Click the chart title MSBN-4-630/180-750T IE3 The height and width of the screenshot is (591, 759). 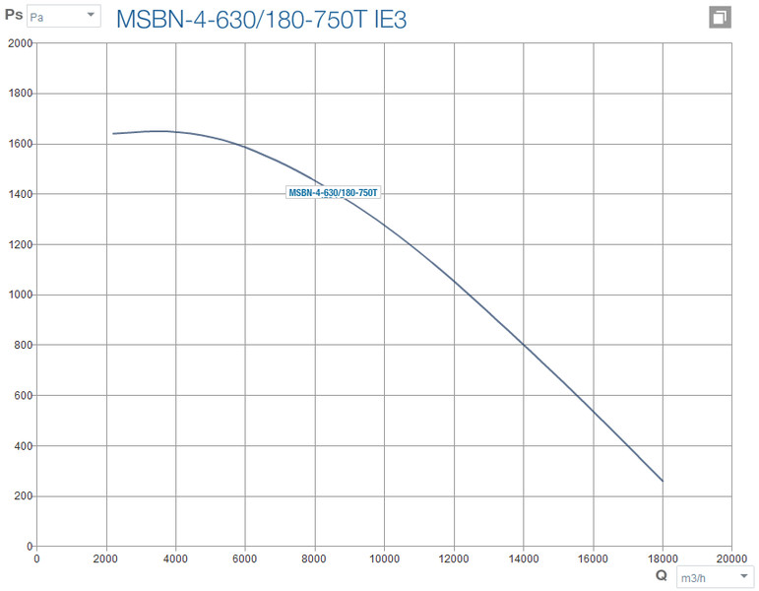tap(247, 19)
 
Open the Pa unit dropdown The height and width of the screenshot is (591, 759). tap(63, 17)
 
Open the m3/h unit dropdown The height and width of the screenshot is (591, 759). tap(715, 578)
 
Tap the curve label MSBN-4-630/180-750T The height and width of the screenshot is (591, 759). tap(333, 193)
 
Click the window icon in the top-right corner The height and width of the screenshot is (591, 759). tap(720, 18)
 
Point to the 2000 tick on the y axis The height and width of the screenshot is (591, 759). tap(20, 43)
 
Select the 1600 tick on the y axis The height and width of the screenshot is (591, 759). tap(20, 144)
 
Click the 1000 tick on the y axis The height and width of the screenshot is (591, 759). tap(20, 295)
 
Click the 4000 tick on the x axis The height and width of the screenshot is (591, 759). tap(175, 558)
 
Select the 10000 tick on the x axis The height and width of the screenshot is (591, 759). tap(384, 558)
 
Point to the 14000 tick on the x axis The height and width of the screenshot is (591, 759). tap(523, 558)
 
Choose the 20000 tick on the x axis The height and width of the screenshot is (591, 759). tap(730, 558)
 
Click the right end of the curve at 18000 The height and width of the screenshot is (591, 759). tap(663, 481)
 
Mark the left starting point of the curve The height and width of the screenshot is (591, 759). tap(113, 134)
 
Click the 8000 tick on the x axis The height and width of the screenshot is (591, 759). tap(314, 558)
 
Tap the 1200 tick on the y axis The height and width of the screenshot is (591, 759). tap(20, 244)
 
